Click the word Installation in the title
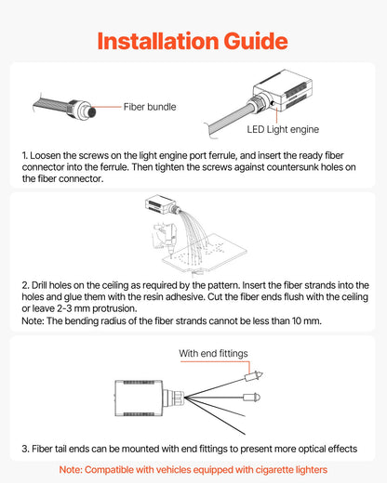pos(158,41)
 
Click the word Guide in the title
pos(256,41)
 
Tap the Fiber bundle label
pos(150,107)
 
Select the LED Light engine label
pos(283,129)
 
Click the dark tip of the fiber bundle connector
pos(92,111)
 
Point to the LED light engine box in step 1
pos(283,89)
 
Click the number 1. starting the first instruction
pos(25,155)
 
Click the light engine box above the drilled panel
pos(158,204)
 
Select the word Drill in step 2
pos(39,285)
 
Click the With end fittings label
pos(213,353)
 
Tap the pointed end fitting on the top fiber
pos(254,376)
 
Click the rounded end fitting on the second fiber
pos(251,398)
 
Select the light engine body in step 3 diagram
pos(139,398)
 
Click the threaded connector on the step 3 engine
pos(174,398)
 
